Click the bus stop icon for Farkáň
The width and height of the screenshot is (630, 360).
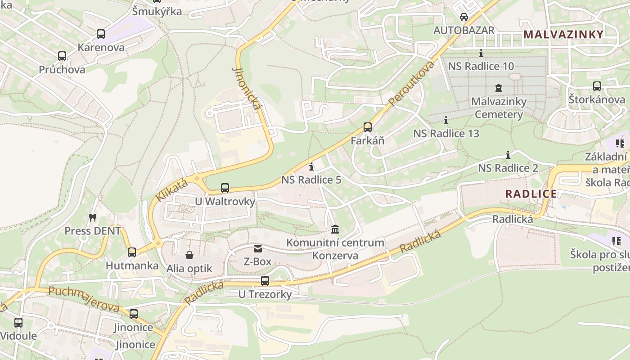click(368, 127)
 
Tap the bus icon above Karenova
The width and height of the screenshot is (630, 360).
click(101, 34)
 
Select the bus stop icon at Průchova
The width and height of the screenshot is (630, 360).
click(62, 56)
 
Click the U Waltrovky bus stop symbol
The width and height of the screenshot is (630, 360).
click(225, 188)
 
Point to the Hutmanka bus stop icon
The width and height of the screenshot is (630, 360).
click(132, 252)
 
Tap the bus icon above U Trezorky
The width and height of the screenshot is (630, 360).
click(265, 281)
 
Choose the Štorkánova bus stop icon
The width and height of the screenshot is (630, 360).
click(597, 86)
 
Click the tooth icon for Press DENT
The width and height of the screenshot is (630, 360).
click(93, 217)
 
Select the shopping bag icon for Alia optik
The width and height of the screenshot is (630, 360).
click(189, 255)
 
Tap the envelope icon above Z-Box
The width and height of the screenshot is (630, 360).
click(257, 248)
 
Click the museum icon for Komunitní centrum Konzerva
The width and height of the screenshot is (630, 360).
click(335, 229)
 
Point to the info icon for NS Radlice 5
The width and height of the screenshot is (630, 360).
click(311, 167)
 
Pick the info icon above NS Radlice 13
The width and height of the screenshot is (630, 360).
click(446, 120)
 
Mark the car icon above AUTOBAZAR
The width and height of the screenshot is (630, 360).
click(463, 17)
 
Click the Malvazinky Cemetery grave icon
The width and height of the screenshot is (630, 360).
click(499, 88)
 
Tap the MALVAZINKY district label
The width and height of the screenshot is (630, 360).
click(563, 34)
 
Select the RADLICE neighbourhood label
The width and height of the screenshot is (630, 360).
click(531, 194)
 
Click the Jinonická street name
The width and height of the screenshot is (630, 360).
click(246, 89)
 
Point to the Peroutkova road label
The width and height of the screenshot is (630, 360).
click(412, 84)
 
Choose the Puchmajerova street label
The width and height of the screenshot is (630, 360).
click(84, 299)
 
